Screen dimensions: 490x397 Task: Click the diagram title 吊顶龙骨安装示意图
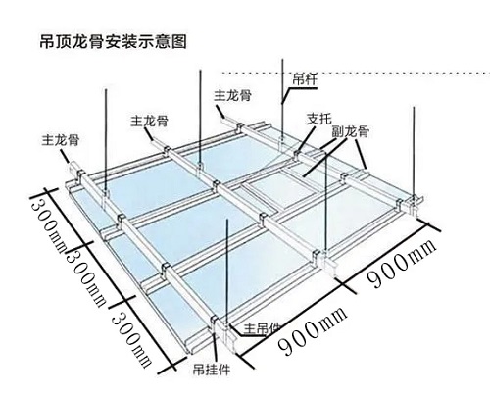113,42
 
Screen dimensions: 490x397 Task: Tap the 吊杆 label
305,79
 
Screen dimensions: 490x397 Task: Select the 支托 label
319,119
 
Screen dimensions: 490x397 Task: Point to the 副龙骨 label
350,131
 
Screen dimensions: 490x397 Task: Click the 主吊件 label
262,329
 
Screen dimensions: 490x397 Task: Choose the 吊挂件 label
212,370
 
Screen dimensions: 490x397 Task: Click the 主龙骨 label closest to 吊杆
232,95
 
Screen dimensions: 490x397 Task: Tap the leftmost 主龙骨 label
61,140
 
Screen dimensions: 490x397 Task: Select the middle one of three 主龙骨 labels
149,121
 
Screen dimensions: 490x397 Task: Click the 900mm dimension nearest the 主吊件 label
312,330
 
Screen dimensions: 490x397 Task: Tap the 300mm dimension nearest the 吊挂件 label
131,340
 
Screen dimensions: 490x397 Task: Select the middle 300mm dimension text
86,277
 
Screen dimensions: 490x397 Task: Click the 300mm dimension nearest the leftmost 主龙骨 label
48,225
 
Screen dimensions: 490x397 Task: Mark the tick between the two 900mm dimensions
348,287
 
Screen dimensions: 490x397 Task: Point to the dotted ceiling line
356,73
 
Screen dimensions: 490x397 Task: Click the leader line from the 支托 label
306,139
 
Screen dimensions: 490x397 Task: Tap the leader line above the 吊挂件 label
216,347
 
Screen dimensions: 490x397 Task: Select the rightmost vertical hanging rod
415,151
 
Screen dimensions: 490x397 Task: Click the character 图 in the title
178,42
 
